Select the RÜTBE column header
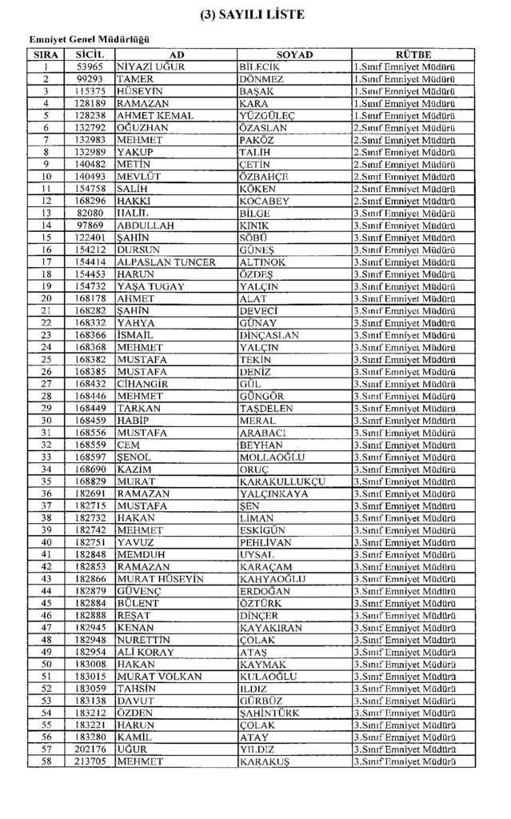(413, 54)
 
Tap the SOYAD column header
(293, 54)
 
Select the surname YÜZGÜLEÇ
(267, 116)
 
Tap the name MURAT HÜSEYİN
(160, 579)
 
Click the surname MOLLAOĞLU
(272, 457)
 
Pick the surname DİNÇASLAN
(269, 335)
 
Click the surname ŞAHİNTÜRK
(273, 713)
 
